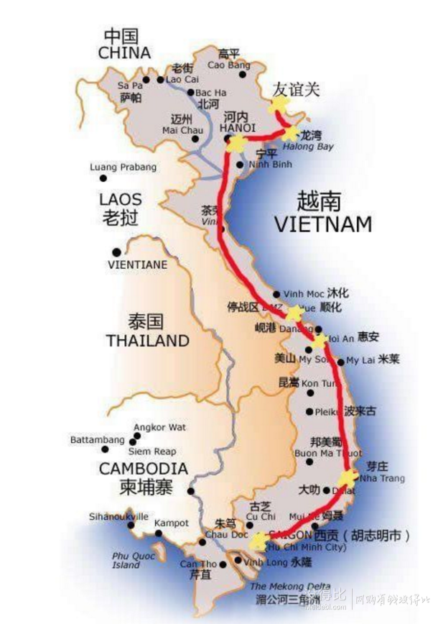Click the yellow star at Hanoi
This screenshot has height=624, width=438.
236,143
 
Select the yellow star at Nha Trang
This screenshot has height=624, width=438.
348,477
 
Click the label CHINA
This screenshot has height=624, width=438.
124,53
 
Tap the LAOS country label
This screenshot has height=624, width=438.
121,199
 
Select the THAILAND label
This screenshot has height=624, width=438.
147,340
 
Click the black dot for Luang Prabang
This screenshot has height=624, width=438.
103,178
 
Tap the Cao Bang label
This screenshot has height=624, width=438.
228,65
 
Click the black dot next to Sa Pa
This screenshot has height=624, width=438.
146,80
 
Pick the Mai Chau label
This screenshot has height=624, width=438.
179,130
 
